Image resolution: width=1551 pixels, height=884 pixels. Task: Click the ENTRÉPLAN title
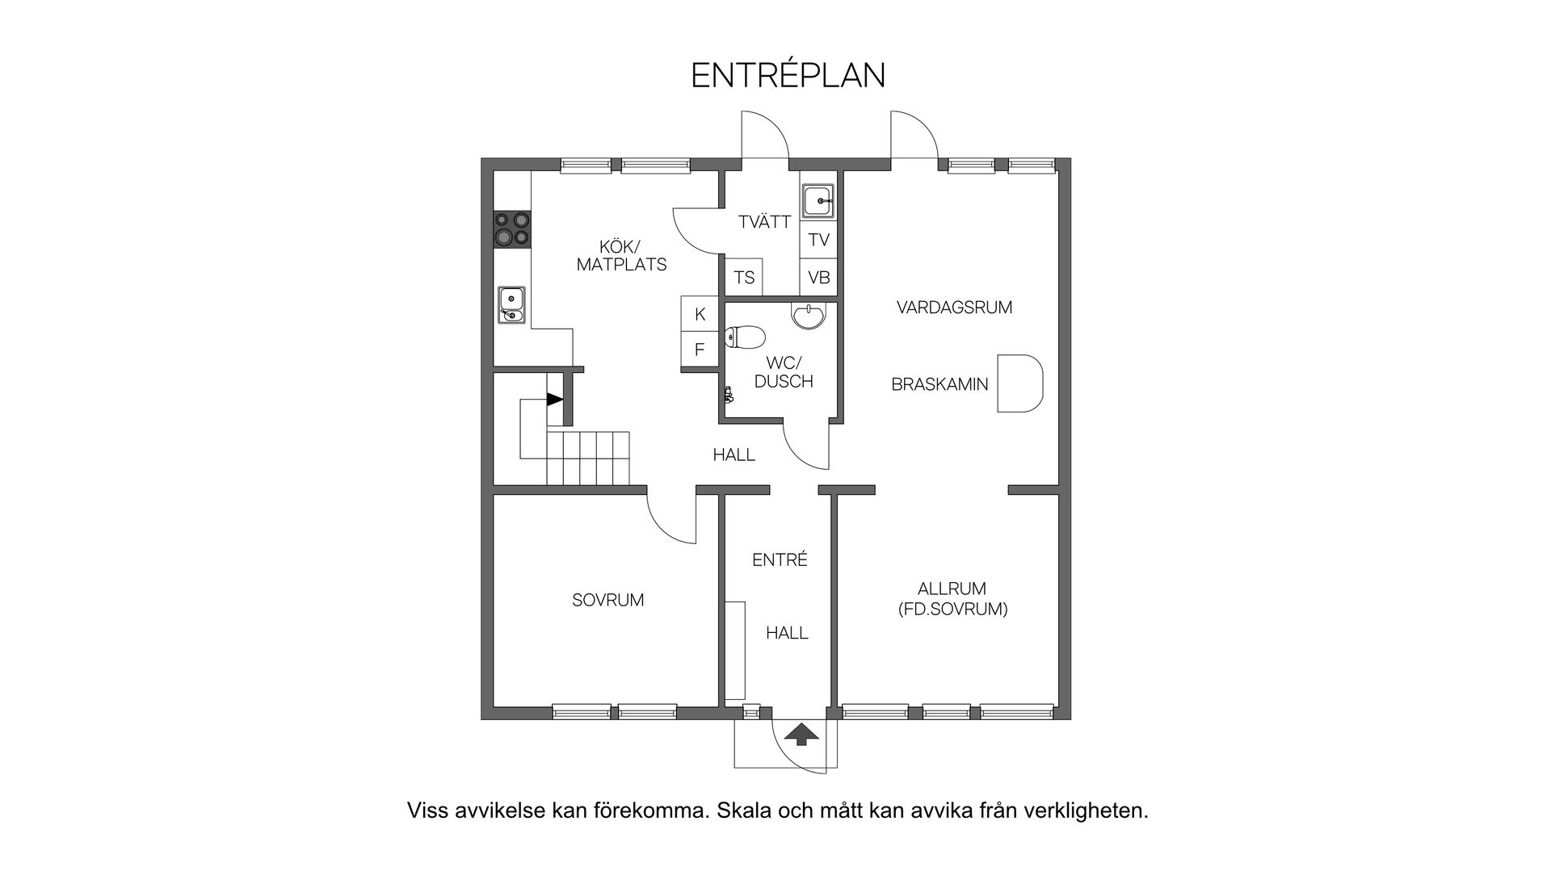[788, 75]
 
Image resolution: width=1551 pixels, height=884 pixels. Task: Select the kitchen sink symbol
[511, 304]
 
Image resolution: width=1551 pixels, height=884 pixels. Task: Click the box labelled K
[700, 314]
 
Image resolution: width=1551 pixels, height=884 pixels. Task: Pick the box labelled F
[700, 350]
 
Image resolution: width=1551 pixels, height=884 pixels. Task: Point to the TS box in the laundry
[744, 278]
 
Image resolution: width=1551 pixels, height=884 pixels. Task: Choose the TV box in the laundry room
[818, 240]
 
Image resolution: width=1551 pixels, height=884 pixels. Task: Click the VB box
[818, 278]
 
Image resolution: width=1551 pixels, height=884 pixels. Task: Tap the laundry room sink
[818, 200]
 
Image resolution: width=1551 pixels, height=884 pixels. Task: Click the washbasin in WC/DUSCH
[809, 316]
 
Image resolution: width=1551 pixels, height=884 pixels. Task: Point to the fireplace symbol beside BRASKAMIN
[1019, 383]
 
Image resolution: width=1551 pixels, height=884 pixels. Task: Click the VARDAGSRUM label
[954, 308]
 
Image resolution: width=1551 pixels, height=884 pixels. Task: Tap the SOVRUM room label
[607, 601]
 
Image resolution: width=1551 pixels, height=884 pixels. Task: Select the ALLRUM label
[952, 589]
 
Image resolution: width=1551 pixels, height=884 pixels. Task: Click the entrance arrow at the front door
[801, 734]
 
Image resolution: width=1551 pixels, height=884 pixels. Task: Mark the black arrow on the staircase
[554, 399]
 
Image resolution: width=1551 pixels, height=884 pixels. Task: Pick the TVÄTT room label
[763, 222]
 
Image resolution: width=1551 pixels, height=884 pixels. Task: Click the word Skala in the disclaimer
[742, 811]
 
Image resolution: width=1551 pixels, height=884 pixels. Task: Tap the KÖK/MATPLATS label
[621, 255]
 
